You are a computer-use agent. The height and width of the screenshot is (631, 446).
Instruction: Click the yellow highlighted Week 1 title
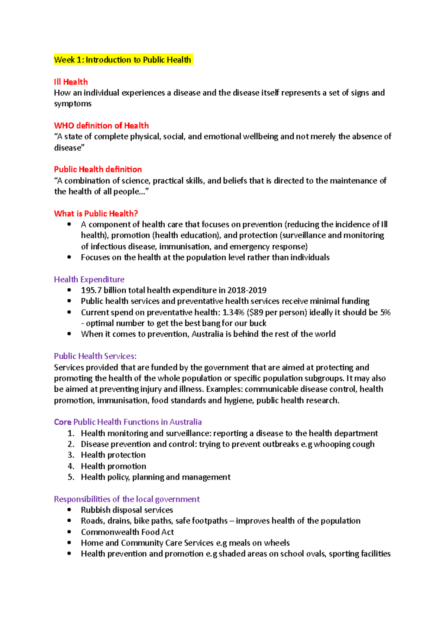pos(123,60)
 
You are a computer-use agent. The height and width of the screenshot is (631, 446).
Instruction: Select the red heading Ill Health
pos(71,82)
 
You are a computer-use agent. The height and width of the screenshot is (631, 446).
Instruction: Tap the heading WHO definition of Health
pos(101,126)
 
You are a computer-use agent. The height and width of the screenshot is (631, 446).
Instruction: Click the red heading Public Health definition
pos(98,169)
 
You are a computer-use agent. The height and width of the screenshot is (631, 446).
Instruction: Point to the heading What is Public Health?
pos(96,214)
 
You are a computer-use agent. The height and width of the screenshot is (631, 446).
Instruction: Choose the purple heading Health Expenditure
pos(89,279)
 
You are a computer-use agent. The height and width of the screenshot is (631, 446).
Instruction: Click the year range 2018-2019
pos(247,290)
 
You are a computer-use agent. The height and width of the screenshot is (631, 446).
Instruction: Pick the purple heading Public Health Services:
pos(95,356)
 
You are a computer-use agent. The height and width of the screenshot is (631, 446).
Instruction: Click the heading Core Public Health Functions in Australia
pos(128,422)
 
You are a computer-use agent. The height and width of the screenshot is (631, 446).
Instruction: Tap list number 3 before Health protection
pos(71,455)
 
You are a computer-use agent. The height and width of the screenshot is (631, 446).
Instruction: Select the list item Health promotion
pos(113,466)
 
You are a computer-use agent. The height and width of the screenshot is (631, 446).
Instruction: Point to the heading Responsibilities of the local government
pos(127,499)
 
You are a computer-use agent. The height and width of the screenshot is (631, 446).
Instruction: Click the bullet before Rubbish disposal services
pos(69,510)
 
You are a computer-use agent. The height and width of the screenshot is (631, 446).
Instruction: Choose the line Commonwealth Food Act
pos(127,532)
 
